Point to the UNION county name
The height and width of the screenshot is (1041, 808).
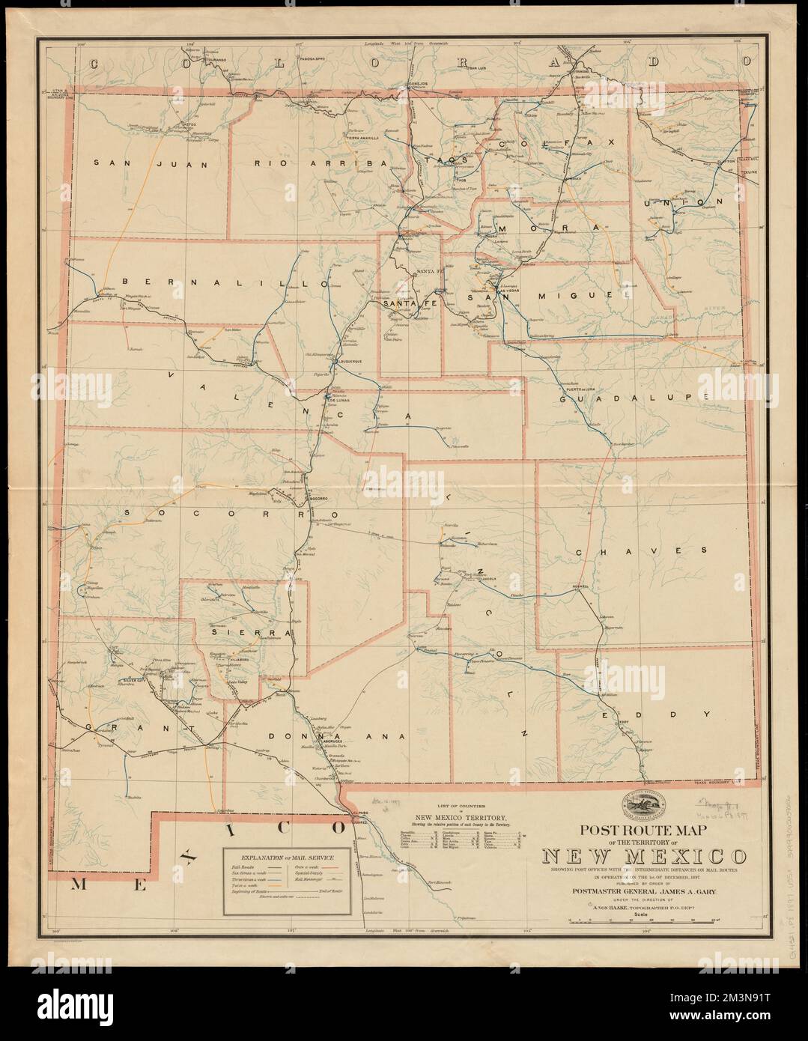(x=684, y=202)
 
